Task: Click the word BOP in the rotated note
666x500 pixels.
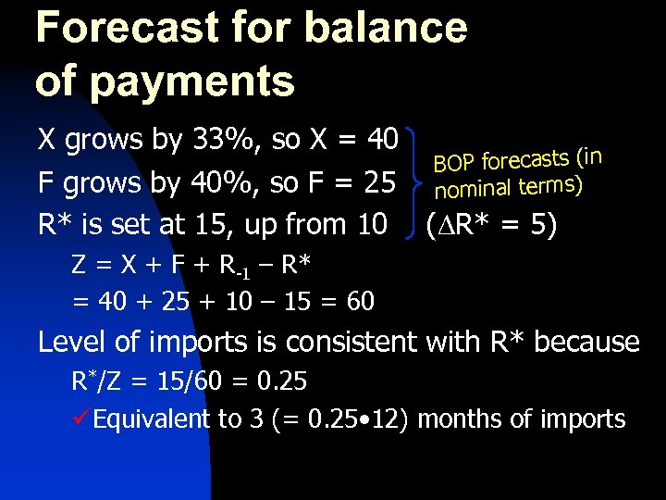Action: click(454, 165)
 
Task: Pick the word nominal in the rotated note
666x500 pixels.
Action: click(475, 191)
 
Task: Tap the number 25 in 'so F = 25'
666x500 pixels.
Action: click(379, 182)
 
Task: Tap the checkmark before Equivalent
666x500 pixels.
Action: click(81, 419)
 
